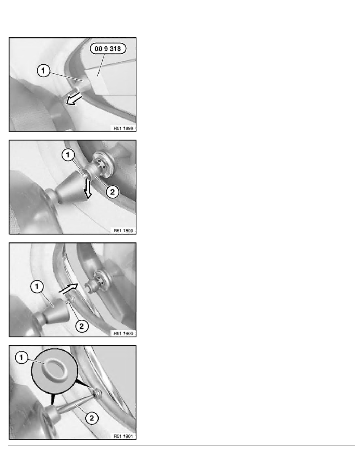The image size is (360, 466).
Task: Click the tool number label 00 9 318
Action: click(108, 48)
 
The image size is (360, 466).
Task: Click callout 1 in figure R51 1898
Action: click(44, 71)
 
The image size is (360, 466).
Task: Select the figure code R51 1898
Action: click(123, 128)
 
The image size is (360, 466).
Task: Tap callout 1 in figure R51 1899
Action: click(68, 155)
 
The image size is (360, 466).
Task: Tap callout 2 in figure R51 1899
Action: click(112, 192)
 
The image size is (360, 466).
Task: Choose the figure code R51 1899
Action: click(123, 231)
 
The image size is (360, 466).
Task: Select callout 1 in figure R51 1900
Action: click(37, 287)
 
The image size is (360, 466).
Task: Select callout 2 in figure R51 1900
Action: click(82, 326)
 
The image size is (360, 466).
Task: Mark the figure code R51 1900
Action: click(123, 333)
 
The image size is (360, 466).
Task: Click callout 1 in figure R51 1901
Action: click(21, 357)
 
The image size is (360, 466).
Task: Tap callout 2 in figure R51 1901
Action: click(91, 419)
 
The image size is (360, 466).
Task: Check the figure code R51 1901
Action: click(123, 436)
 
